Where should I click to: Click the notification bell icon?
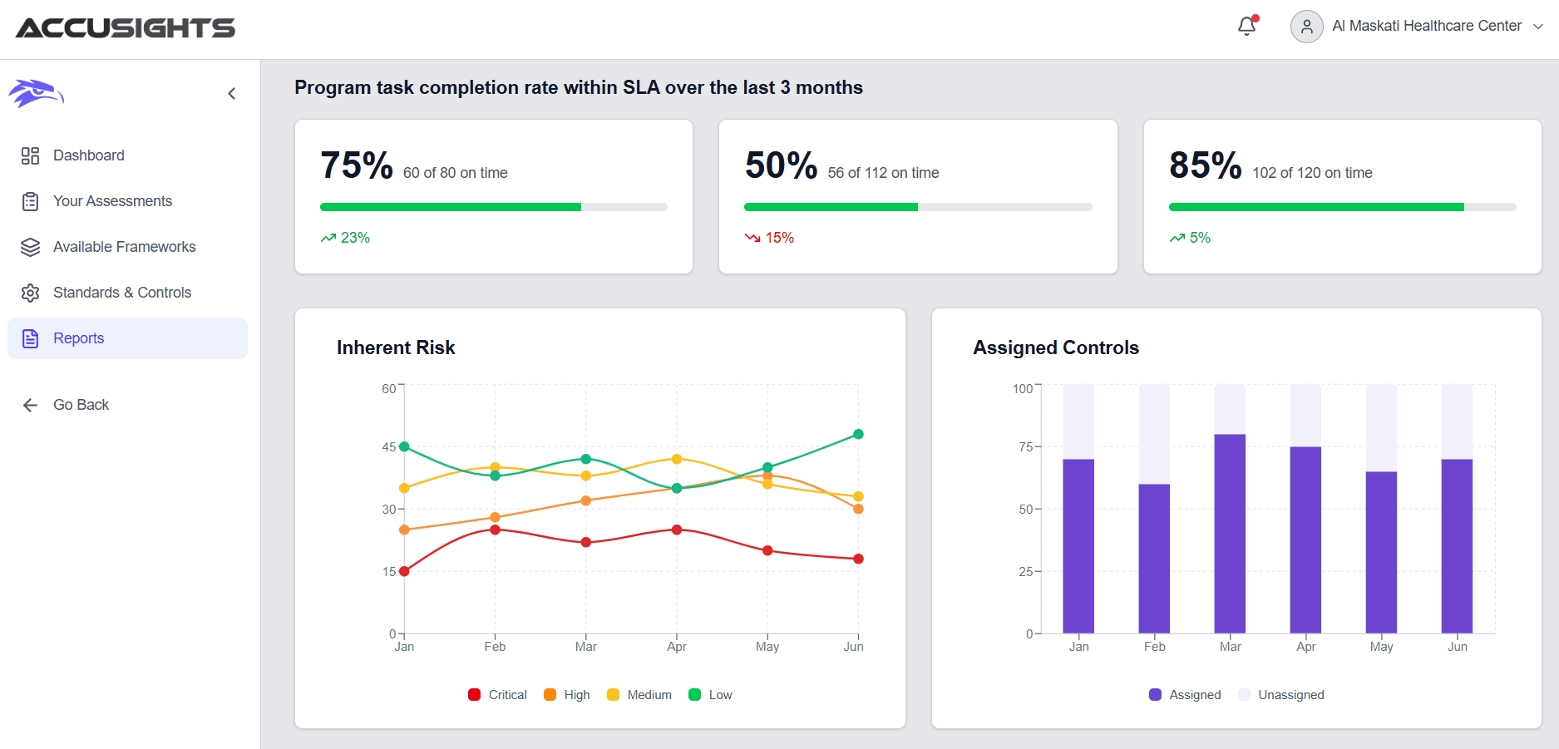[x=1246, y=27]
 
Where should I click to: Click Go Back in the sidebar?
[x=80, y=405]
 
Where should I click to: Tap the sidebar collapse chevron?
[x=232, y=94]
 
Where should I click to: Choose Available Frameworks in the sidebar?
[x=124, y=247]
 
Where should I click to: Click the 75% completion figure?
[x=356, y=165]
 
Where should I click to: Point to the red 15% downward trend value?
[x=779, y=238]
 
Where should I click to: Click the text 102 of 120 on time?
[x=1312, y=173]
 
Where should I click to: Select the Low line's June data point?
[x=858, y=434]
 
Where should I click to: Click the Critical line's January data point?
[x=404, y=571]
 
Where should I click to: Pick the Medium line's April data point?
[x=677, y=459]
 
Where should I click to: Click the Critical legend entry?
[x=498, y=695]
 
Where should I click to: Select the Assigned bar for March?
[x=1230, y=532]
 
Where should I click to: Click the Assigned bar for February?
[x=1154, y=557]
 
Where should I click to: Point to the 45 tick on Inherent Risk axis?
[x=389, y=447]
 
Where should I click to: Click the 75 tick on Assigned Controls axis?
[x=1026, y=447]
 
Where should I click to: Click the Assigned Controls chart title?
[x=1056, y=347]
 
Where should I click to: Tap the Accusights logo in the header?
[x=126, y=28]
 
